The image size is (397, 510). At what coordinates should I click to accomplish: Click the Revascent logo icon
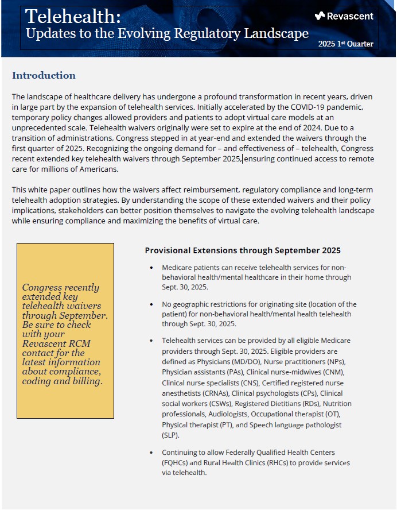pyautogui.click(x=320, y=16)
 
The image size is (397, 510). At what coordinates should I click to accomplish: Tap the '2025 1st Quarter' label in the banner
pyautogui.click(x=345, y=44)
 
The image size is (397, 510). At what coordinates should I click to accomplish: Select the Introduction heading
pyautogui.click(x=44, y=75)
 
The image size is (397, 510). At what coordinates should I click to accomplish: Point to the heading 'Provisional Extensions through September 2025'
pyautogui.click(x=243, y=250)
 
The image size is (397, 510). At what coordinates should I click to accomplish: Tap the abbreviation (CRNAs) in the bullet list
pyautogui.click(x=210, y=393)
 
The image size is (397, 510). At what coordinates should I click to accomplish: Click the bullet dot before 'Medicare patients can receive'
pyautogui.click(x=151, y=268)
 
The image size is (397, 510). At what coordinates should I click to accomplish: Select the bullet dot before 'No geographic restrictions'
pyautogui.click(x=151, y=304)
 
